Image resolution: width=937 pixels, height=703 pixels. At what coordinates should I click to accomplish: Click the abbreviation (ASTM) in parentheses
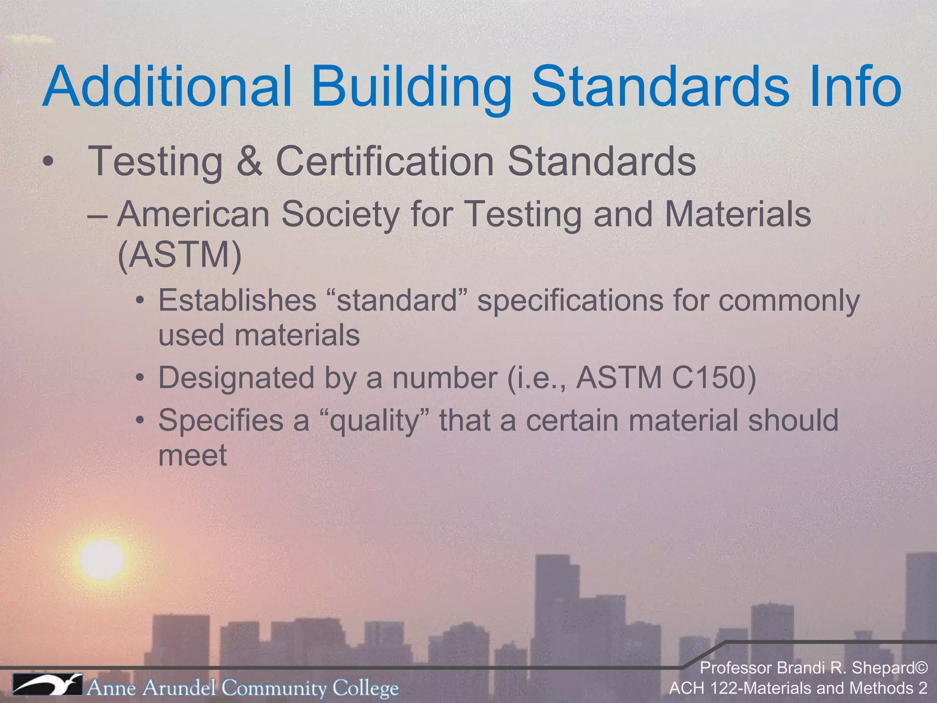pyautogui.click(x=179, y=254)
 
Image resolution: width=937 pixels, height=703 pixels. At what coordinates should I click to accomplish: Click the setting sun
pyautogui.click(x=102, y=559)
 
